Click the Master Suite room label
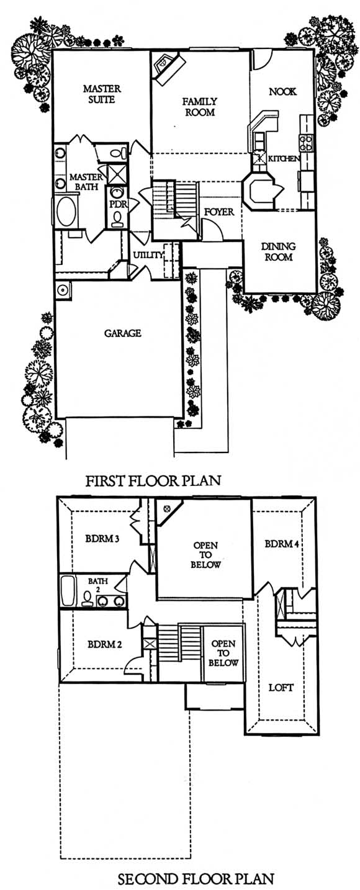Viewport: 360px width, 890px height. [102, 94]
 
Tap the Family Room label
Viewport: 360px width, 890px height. [199, 107]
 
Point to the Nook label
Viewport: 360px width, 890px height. [282, 91]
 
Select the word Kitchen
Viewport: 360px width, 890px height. [284, 158]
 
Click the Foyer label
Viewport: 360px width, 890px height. [219, 212]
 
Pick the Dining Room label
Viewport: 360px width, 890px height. [278, 251]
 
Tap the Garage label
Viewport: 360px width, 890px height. [122, 333]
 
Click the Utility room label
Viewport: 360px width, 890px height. [148, 254]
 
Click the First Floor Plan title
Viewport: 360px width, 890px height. [153, 481]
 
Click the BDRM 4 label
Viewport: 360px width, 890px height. [281, 544]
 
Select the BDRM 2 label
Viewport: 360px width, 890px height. [104, 644]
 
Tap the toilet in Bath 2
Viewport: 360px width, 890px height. [87, 599]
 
